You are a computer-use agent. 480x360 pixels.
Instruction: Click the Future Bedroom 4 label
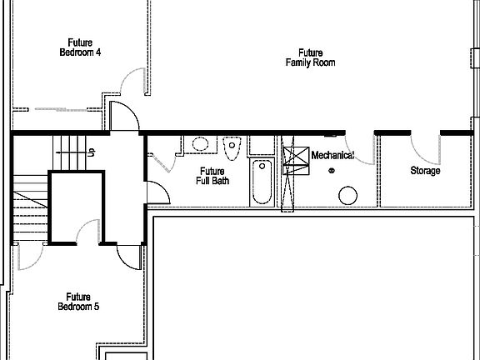80,47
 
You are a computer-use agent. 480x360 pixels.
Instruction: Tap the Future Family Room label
310,57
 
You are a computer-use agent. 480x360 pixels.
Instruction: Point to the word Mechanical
332,156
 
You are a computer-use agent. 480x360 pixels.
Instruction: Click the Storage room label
425,171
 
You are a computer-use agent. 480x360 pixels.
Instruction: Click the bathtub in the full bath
261,182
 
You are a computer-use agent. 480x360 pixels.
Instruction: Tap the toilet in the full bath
232,147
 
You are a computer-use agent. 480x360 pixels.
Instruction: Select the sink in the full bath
200,144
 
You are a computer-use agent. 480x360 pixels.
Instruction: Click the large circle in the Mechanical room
347,197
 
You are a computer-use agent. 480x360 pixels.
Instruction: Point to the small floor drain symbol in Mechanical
332,171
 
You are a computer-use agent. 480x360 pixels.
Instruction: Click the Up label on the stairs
91,152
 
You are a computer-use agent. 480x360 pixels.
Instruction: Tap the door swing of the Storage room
422,147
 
